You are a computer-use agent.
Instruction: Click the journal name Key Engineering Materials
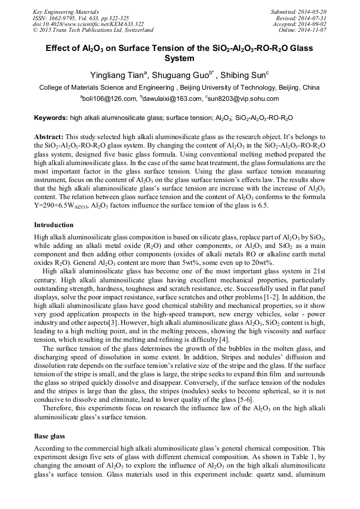(66, 12)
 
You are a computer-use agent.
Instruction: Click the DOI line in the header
(88, 24)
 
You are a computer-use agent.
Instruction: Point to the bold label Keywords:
(50, 118)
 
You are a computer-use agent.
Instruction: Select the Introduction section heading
(54, 225)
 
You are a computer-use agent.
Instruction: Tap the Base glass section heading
(49, 436)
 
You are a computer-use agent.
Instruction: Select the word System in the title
(179, 58)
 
